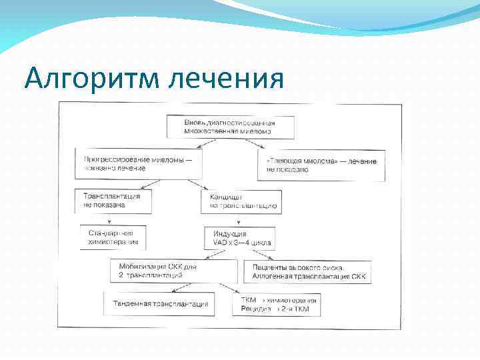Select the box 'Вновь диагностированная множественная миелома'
pyautogui.click(x=230, y=127)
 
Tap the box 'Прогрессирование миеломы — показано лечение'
pyautogui.click(x=141, y=164)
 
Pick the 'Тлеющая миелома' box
pyautogui.click(x=321, y=165)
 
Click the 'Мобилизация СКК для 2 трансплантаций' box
pyautogui.click(x=174, y=271)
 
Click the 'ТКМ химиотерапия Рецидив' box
pyautogui.click(x=277, y=305)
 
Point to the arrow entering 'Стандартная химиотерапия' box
pyautogui.click(x=111, y=220)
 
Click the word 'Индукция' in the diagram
pyautogui.click(x=230, y=234)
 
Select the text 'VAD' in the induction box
pyautogui.click(x=221, y=243)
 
